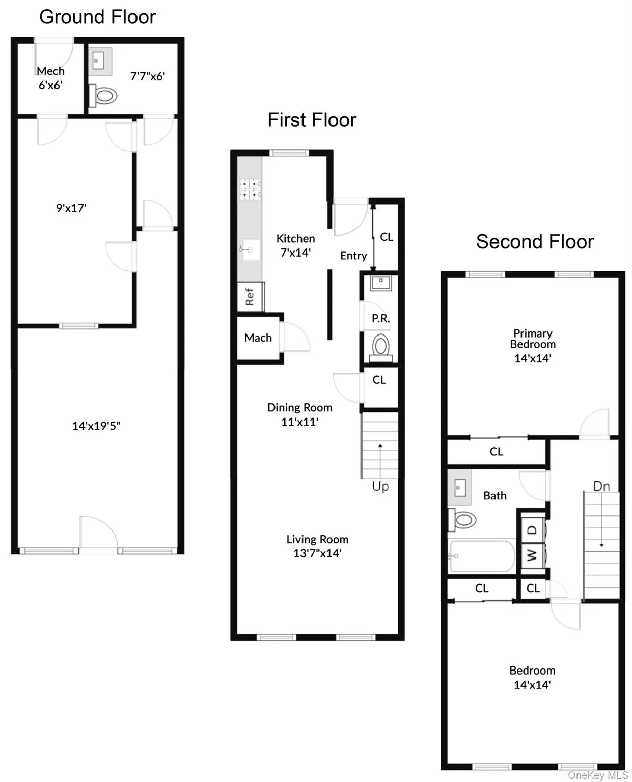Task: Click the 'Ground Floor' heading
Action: coord(97,17)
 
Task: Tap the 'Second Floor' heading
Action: coord(535,242)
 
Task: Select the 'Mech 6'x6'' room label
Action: coord(50,78)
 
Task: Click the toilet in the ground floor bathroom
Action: coord(104,95)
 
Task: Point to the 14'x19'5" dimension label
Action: coord(96,426)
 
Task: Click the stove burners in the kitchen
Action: coord(250,188)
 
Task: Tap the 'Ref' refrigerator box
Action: coord(250,296)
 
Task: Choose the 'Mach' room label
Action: coord(258,338)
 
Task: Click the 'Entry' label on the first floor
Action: coord(353,256)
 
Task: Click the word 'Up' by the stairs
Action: coord(380,486)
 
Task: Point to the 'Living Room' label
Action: coord(317,539)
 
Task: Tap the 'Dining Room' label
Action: coord(299,408)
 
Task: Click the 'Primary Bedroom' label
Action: coord(533,339)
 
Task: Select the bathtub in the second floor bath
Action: coord(481,556)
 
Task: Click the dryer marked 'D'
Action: coord(533,529)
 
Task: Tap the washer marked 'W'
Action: coord(533,555)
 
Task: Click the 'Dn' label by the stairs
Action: coord(601,486)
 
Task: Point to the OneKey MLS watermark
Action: coord(598,775)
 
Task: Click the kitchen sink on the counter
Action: coord(250,250)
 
